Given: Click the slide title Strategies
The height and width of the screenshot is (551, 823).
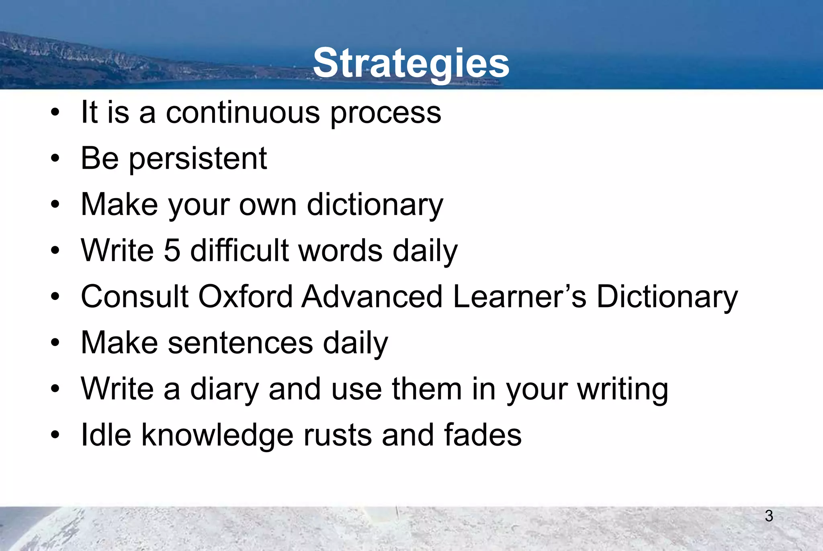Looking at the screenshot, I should pyautogui.click(x=411, y=63).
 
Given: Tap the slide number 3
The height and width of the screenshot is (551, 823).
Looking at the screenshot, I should pyautogui.click(x=769, y=516).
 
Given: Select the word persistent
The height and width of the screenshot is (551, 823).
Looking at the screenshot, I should pyautogui.click(x=198, y=159).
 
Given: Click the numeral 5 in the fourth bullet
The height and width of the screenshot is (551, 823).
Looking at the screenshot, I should pyautogui.click(x=172, y=250).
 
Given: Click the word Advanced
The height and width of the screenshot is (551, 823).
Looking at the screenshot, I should pyautogui.click(x=372, y=297).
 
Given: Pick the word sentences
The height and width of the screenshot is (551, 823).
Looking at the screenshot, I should pyautogui.click(x=240, y=343).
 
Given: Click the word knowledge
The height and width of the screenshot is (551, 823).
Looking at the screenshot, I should pyautogui.click(x=217, y=436).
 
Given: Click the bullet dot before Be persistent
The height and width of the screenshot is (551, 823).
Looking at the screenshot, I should pyautogui.click(x=55, y=159).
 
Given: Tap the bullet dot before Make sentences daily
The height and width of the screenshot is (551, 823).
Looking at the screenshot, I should pyautogui.click(x=55, y=343).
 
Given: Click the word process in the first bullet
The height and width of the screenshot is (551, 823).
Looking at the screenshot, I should pyautogui.click(x=385, y=113).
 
